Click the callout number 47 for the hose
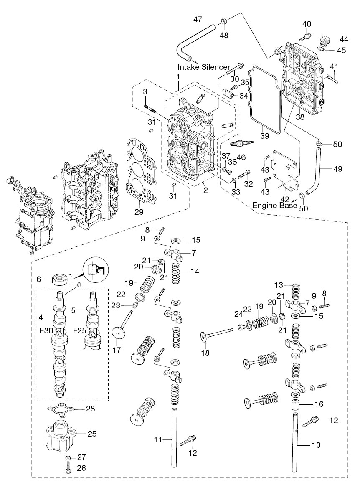click(198, 19)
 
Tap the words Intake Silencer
click(204, 67)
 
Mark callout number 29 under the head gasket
click(139, 212)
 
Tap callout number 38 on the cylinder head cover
click(300, 117)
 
